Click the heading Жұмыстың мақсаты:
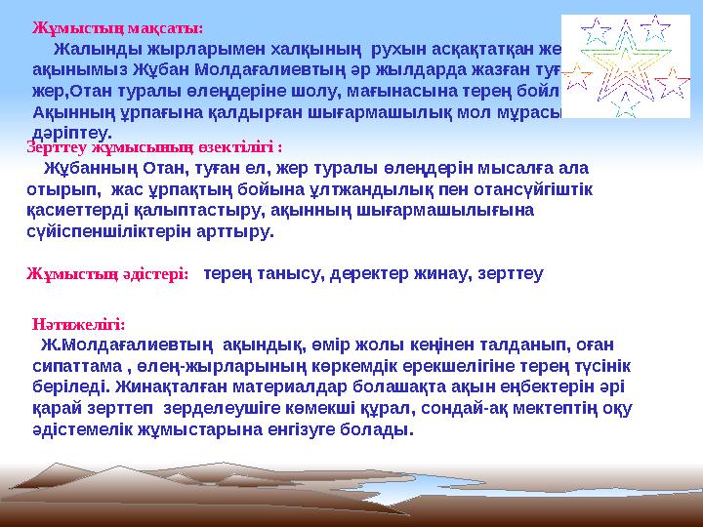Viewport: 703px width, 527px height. pyautogui.click(x=118, y=28)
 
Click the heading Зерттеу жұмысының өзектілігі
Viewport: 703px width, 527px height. pyautogui.click(x=154, y=148)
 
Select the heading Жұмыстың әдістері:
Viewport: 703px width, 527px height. pyautogui.click(x=107, y=274)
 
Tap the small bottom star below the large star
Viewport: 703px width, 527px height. pyautogui.click(x=629, y=107)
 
